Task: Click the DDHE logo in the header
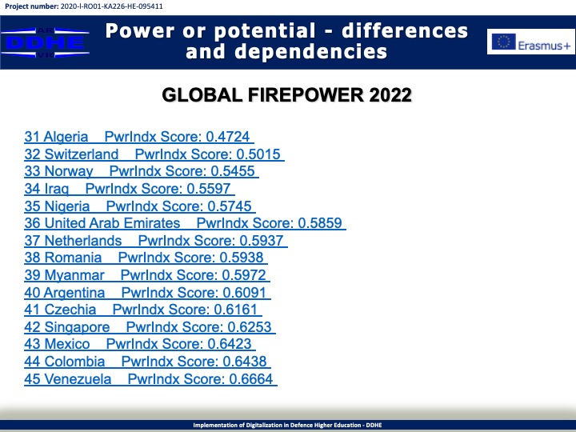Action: (45, 42)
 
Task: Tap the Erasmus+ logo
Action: (531, 42)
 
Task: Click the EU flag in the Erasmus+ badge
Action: (504, 42)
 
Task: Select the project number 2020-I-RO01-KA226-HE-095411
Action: (111, 6)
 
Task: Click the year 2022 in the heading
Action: (390, 95)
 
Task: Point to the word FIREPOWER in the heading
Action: (306, 95)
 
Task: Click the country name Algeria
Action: (66, 137)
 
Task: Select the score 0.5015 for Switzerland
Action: (258, 154)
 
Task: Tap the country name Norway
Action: (69, 171)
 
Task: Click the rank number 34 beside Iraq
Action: (32, 189)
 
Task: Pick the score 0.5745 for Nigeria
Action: (230, 206)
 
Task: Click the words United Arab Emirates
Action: (112, 223)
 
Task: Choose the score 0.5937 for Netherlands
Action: (262, 241)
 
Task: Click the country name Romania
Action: (73, 258)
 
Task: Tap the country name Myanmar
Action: (74, 275)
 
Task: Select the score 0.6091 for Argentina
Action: (244, 293)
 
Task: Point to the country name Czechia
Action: (70, 310)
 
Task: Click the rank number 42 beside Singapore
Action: (32, 327)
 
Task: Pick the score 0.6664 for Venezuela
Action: (251, 379)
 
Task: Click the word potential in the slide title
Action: (265, 31)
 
